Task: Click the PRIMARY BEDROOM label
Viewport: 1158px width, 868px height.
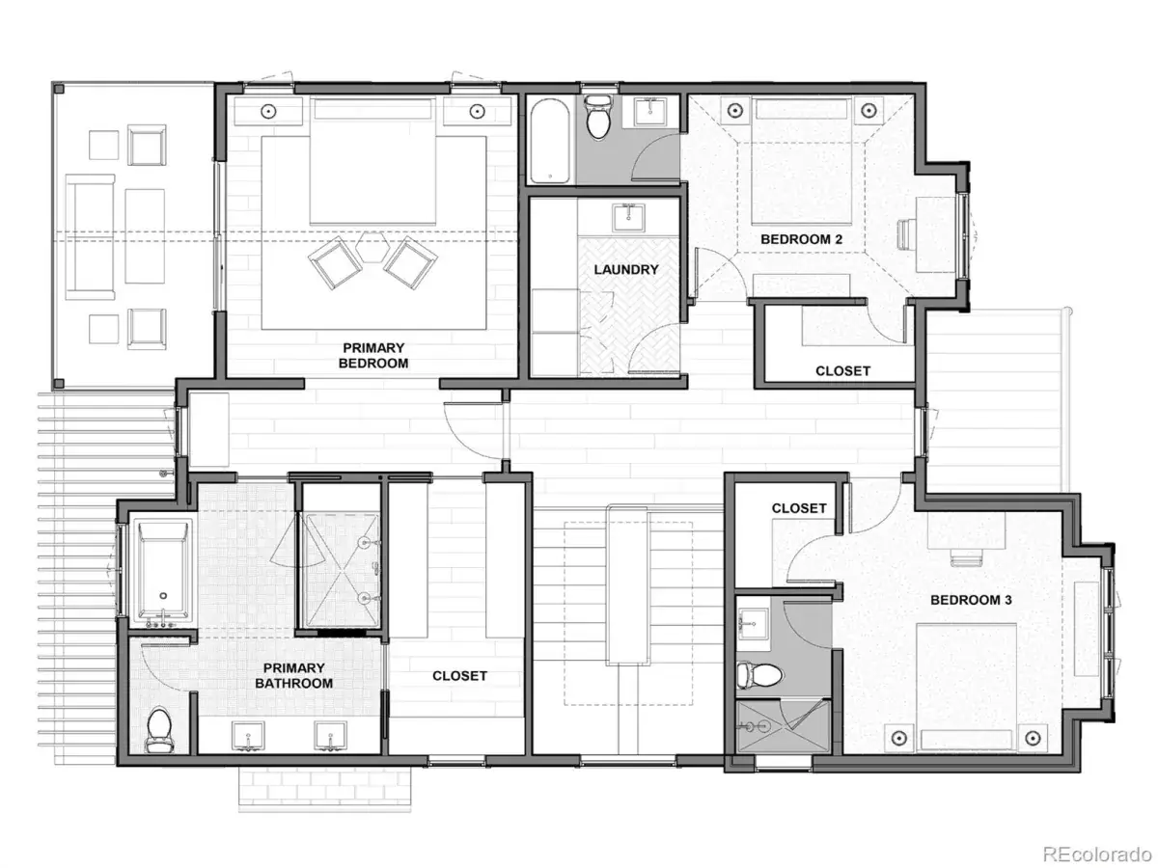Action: pyautogui.click(x=373, y=355)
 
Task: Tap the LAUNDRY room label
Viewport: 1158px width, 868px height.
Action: pyautogui.click(x=626, y=269)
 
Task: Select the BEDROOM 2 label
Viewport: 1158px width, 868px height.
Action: pyautogui.click(x=801, y=239)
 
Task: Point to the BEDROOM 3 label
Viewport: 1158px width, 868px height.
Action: pyautogui.click(x=971, y=600)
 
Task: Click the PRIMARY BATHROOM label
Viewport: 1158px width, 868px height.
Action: pyautogui.click(x=294, y=676)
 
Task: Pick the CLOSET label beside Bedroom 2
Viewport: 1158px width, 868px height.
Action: pyautogui.click(x=842, y=371)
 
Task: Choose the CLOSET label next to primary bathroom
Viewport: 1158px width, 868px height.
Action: pyautogui.click(x=459, y=676)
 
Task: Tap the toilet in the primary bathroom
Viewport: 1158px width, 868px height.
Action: pyautogui.click(x=158, y=730)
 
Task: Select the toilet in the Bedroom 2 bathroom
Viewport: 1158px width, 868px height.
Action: pyautogui.click(x=598, y=117)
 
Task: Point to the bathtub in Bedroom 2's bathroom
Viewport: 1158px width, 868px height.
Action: pyautogui.click(x=549, y=141)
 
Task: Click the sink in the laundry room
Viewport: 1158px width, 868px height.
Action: pyautogui.click(x=628, y=218)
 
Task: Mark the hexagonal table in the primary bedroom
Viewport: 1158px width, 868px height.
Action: pyautogui.click(x=372, y=247)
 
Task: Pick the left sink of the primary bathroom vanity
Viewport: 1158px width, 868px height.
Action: pyautogui.click(x=248, y=735)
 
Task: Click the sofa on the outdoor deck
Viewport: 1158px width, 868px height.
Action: pyautogui.click(x=90, y=237)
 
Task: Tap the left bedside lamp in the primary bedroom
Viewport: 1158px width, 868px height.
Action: pyautogui.click(x=268, y=111)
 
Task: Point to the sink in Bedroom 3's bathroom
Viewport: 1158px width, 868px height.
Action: pyautogui.click(x=753, y=624)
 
